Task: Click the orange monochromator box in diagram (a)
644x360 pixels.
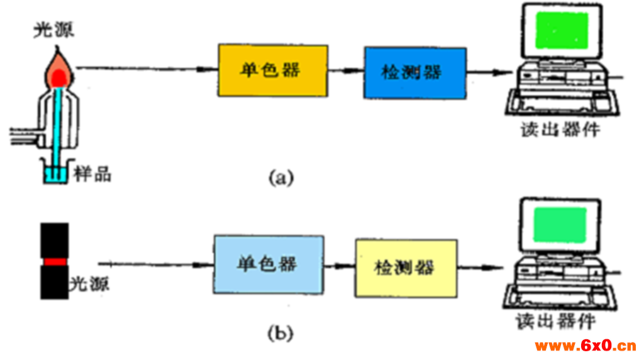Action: click(x=272, y=69)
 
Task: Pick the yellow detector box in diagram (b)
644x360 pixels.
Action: click(x=406, y=267)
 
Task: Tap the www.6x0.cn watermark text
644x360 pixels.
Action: click(x=585, y=346)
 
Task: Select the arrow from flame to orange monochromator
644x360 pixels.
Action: click(x=145, y=69)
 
